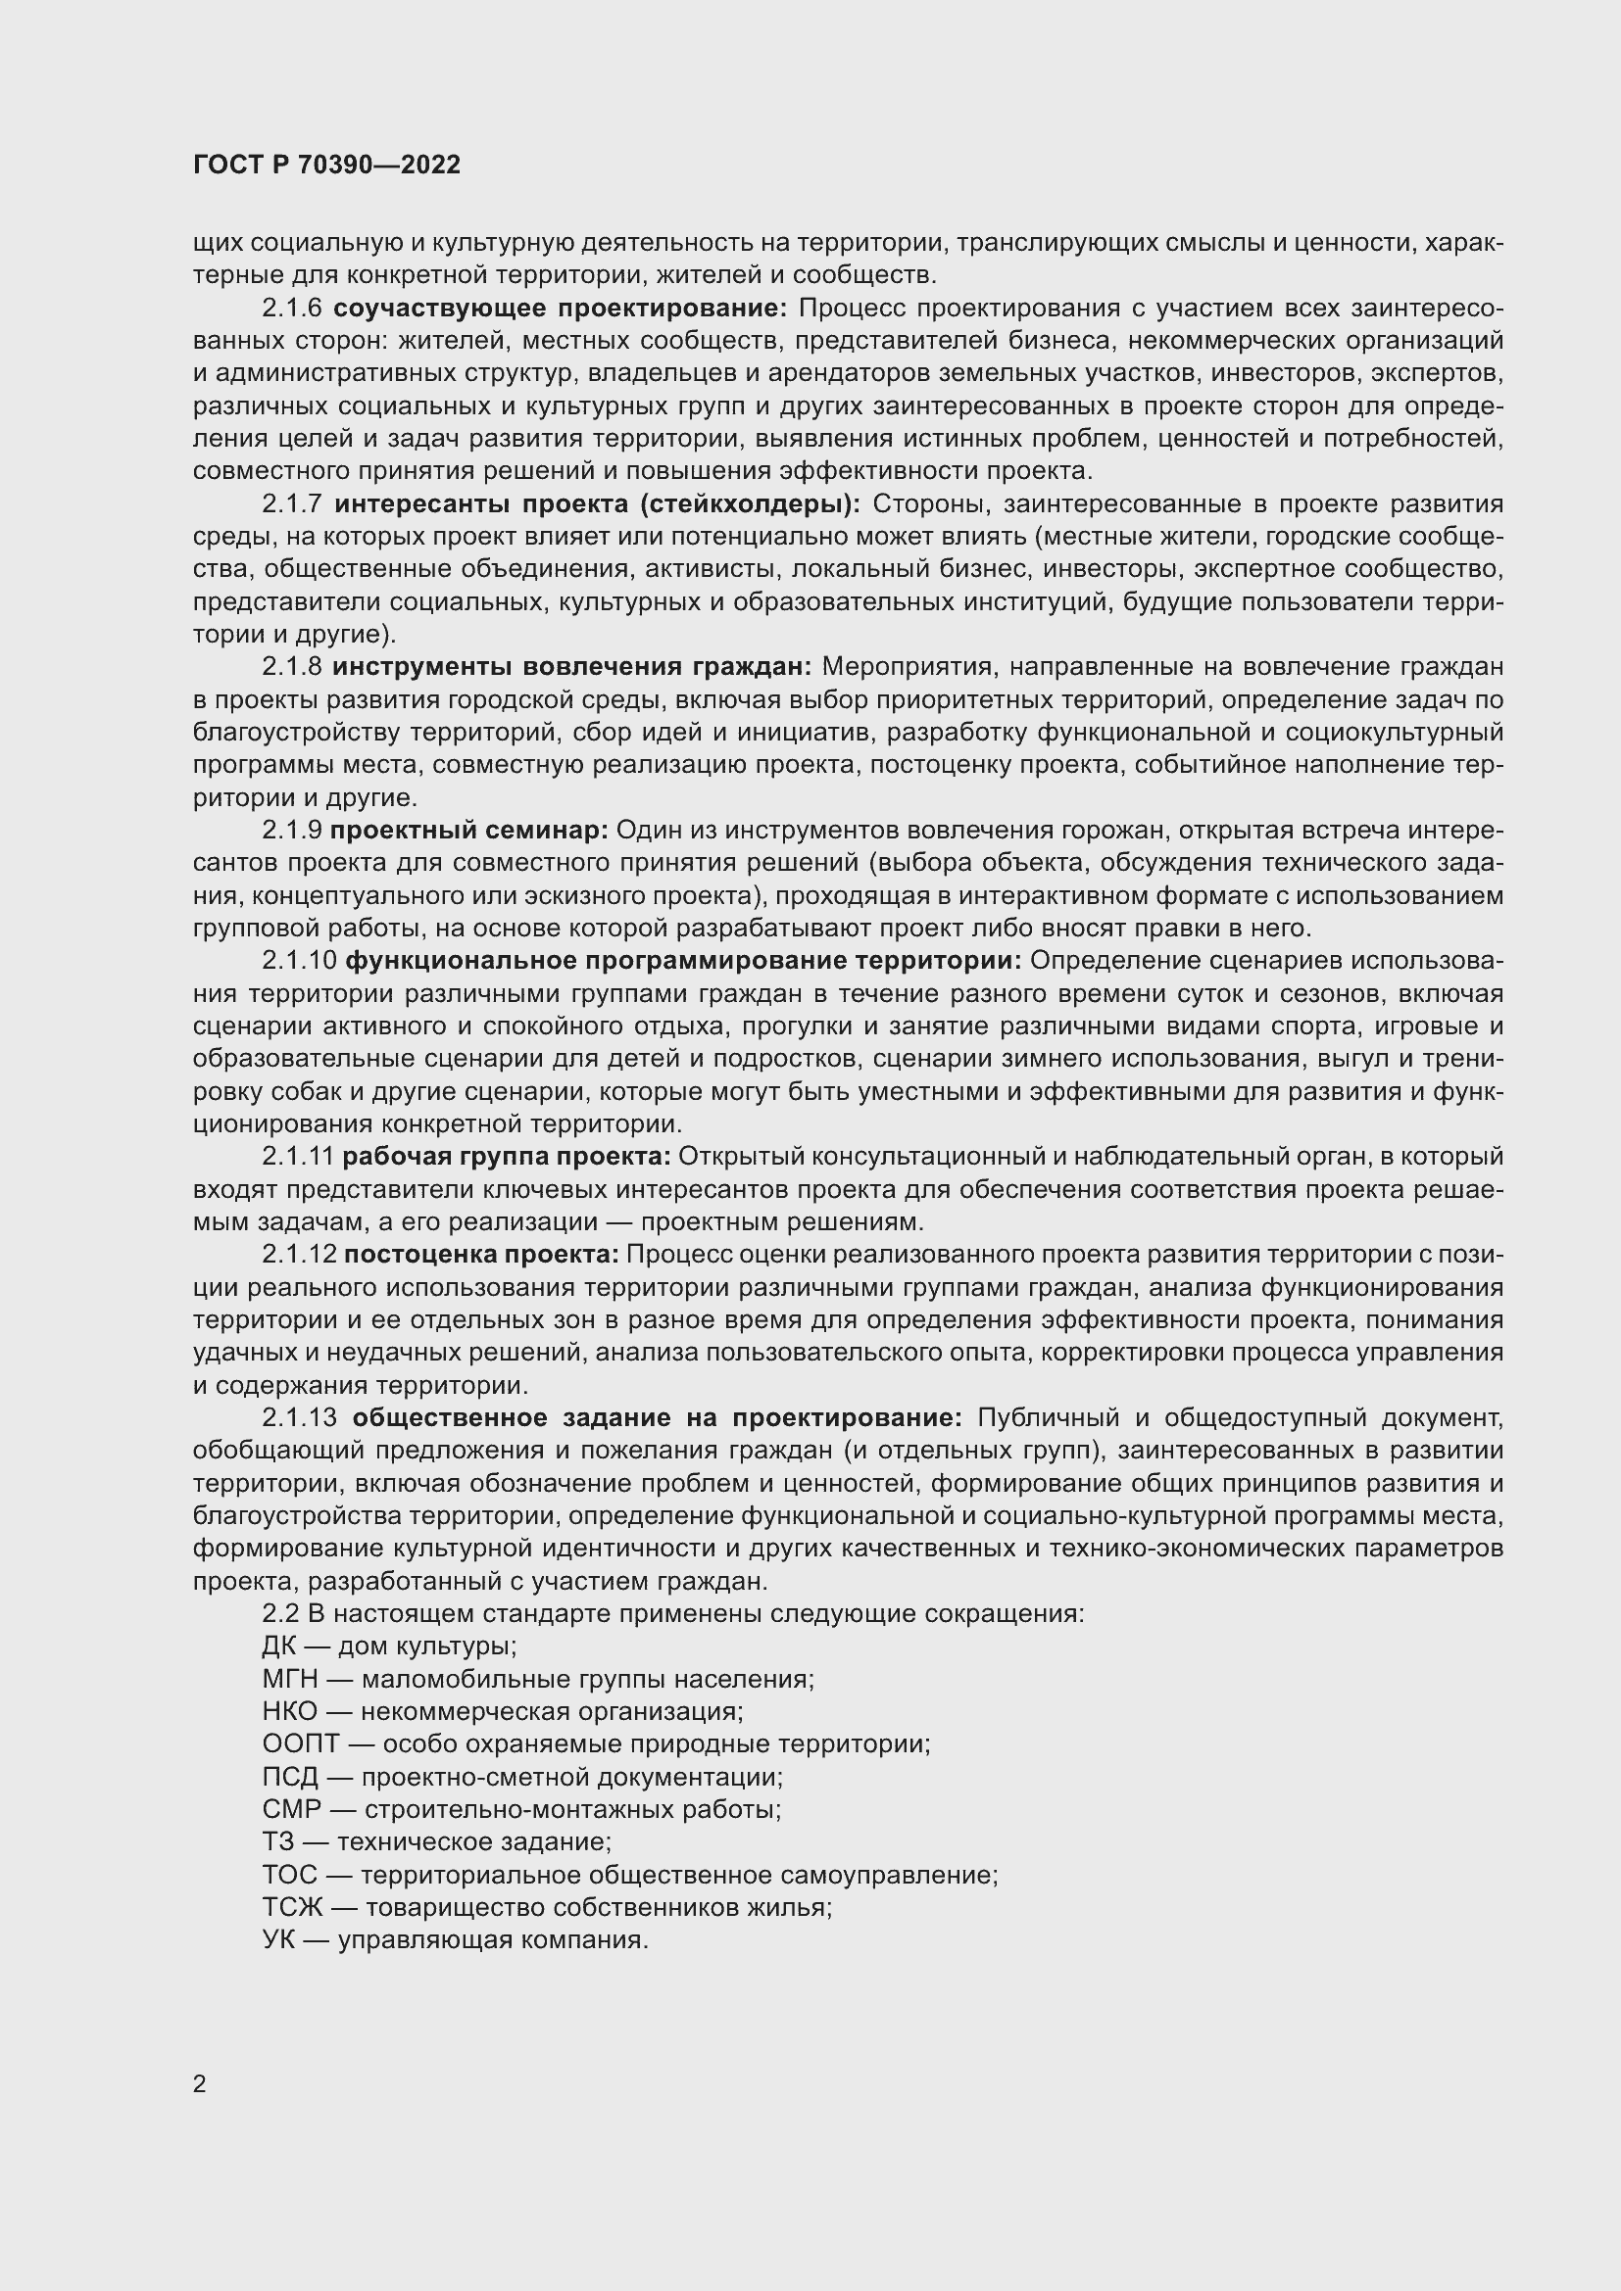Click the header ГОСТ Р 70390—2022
coord(327,166)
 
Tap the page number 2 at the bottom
coord(200,2084)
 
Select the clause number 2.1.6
coord(291,309)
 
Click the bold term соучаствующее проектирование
coord(560,309)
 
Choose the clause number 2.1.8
coord(291,667)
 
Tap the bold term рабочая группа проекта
coord(506,1157)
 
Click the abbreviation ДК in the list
coord(278,1647)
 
